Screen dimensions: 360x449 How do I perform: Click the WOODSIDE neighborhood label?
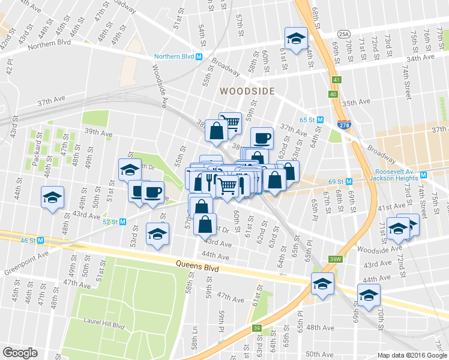pos(247,91)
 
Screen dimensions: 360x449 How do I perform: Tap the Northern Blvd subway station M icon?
pos(199,57)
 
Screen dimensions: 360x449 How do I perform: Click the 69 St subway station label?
pos(335,181)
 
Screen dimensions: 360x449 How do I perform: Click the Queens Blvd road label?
pos(196,265)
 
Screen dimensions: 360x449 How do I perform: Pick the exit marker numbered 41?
pos(334,79)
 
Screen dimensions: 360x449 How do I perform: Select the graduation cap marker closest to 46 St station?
pos(52,197)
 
